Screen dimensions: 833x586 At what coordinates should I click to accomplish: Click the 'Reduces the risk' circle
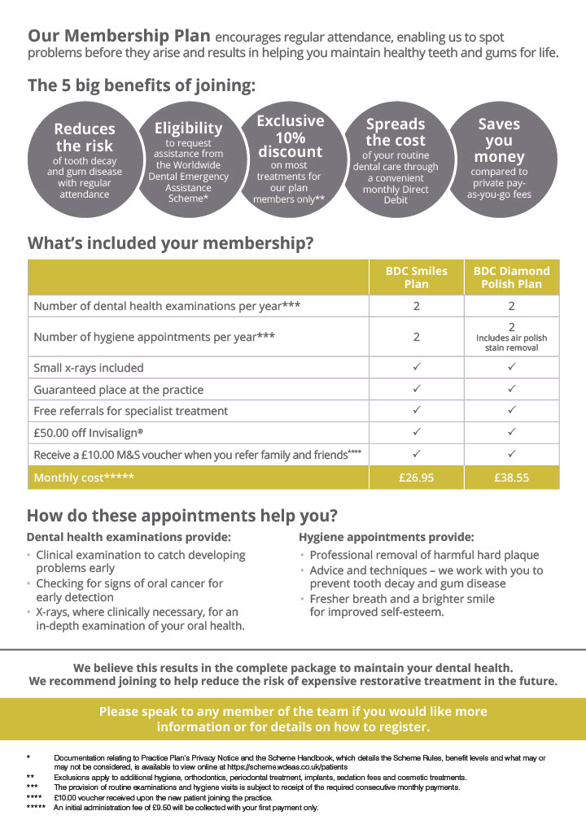[x=85, y=160]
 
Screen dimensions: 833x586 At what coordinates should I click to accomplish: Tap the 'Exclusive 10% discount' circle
[x=291, y=159]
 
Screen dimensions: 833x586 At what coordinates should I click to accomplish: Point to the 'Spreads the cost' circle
[x=396, y=160]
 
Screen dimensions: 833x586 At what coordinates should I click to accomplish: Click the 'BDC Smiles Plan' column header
[x=417, y=277]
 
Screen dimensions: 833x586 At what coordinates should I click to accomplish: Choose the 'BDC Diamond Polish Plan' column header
[x=512, y=277]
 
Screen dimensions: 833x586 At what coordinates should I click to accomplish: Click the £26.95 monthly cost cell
[x=417, y=478]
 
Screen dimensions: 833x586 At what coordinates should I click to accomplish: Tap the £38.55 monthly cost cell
[x=512, y=478]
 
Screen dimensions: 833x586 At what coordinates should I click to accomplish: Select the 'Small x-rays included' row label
[x=89, y=368]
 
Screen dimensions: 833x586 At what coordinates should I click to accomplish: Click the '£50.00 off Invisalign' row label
[x=93, y=432]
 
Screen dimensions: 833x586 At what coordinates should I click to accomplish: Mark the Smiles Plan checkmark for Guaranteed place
[x=417, y=389]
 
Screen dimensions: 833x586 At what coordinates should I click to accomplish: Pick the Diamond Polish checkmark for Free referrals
[x=512, y=411]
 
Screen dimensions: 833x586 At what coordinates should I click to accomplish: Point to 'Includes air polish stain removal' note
[x=512, y=342]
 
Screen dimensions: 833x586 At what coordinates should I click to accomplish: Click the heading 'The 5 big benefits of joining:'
[x=142, y=85]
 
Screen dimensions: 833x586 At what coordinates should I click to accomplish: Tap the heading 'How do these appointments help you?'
[x=182, y=517]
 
